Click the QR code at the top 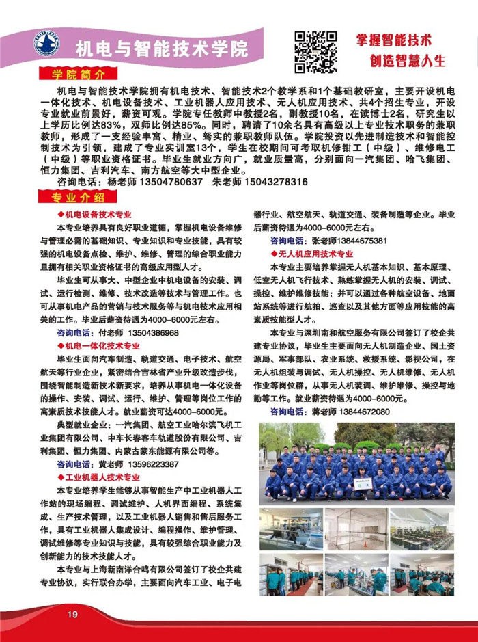tap(315, 51)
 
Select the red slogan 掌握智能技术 tap(394, 40)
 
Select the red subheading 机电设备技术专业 tap(98, 214)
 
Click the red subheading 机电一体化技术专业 tap(102, 347)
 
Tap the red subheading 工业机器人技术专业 tap(102, 477)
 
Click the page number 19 tap(72, 615)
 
